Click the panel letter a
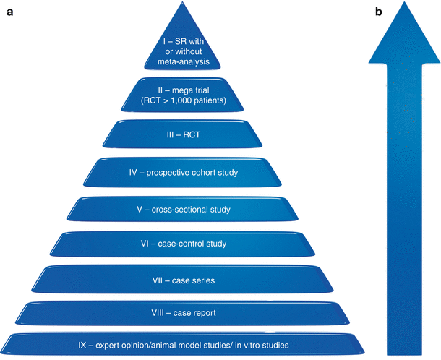(9, 12)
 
